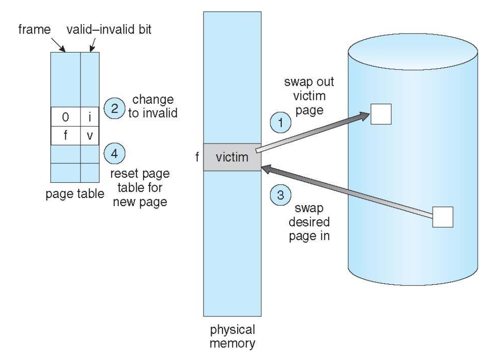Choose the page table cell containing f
(x=66, y=135)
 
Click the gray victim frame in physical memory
(x=232, y=157)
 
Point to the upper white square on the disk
(x=381, y=114)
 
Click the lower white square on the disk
(x=443, y=217)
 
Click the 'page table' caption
(x=75, y=193)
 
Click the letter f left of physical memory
(x=196, y=157)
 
